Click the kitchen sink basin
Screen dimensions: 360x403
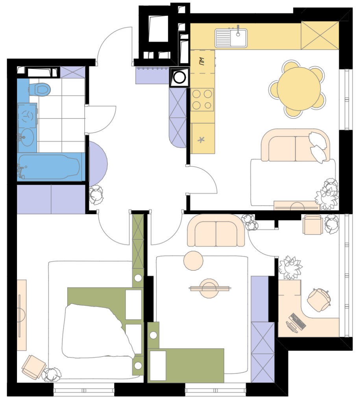coord(231,38)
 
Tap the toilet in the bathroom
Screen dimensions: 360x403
coord(40,89)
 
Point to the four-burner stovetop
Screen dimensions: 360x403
coord(202,100)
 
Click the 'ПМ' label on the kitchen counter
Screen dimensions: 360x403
coord(202,61)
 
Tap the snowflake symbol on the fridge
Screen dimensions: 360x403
coord(201,140)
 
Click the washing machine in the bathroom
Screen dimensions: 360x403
coord(27,116)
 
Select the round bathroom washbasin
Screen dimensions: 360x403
coord(27,137)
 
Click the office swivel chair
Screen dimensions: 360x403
coord(319,300)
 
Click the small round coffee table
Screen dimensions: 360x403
coord(193,261)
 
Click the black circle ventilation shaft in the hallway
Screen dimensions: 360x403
coord(179,77)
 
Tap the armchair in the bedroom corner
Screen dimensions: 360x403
coord(34,366)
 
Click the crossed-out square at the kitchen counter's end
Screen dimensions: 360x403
coord(320,35)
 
